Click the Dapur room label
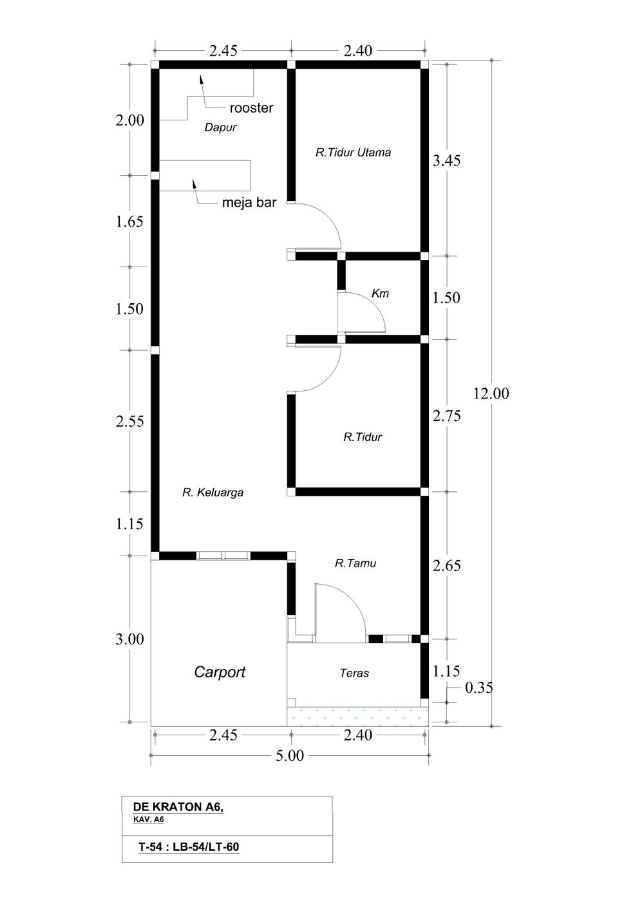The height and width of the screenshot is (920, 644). point(220,127)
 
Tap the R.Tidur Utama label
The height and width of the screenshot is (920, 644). point(353,153)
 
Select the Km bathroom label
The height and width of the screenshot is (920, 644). point(380,293)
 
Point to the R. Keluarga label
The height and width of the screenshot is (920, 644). point(213,493)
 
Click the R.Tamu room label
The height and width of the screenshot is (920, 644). point(355,563)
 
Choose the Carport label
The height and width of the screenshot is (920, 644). point(220,672)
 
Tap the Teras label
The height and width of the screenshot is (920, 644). point(354,673)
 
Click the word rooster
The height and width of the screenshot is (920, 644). point(251,108)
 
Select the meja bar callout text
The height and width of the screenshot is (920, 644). point(249,203)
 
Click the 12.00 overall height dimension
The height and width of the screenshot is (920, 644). point(491,394)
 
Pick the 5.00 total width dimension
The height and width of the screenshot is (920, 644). point(290,756)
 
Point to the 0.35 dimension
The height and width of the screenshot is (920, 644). point(478,688)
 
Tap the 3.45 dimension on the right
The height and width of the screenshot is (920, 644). point(446,160)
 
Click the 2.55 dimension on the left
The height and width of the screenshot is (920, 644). point(130,422)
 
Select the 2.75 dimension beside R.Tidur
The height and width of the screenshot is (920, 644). point(446,416)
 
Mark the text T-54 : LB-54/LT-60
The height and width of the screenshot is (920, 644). point(189,847)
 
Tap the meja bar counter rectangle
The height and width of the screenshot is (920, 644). point(205,175)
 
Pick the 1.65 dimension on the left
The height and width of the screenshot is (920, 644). point(130,221)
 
